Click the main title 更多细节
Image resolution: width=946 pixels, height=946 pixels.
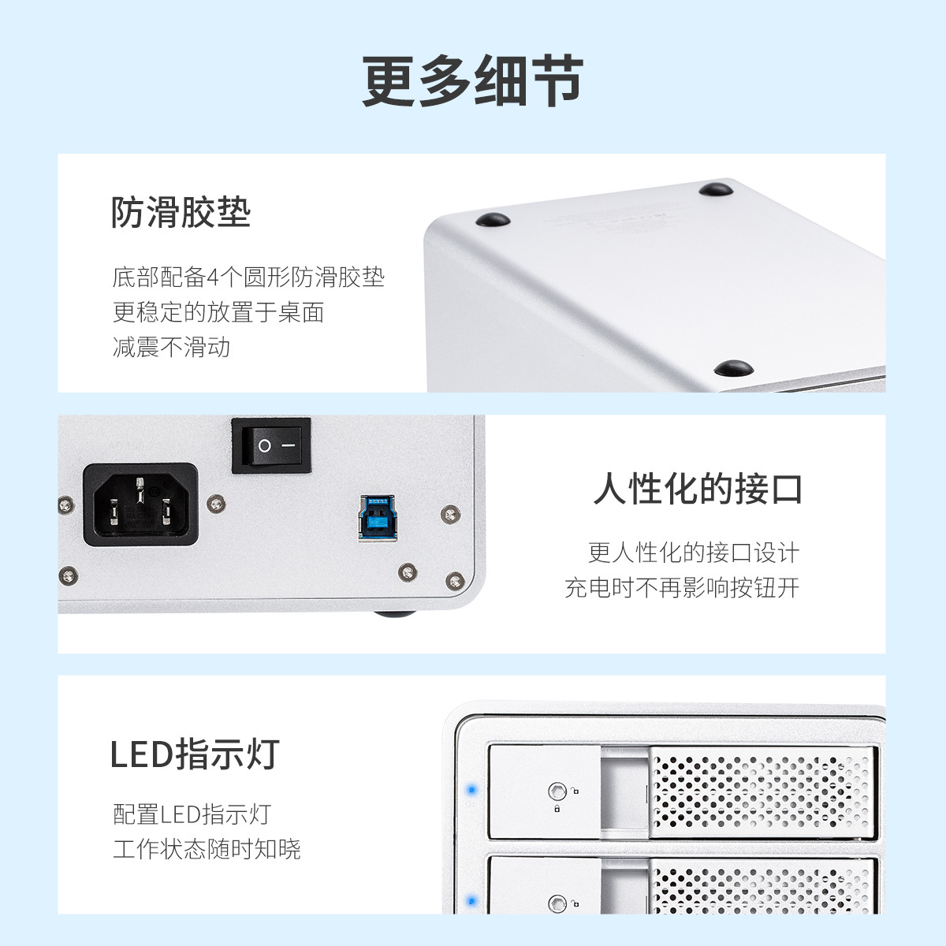pyautogui.click(x=472, y=81)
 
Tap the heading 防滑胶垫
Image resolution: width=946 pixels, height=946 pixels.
pyautogui.click(x=181, y=213)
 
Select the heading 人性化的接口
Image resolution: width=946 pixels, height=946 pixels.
pyautogui.click(x=698, y=489)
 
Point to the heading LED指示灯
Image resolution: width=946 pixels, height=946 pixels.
pyautogui.click(x=195, y=754)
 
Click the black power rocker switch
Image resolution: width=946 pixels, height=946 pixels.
pyautogui.click(x=271, y=445)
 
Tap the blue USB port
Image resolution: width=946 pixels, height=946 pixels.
pyautogui.click(x=377, y=517)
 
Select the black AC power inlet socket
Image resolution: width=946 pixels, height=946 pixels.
pyautogui.click(x=140, y=505)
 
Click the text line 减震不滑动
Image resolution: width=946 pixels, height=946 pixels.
pyautogui.click(x=171, y=347)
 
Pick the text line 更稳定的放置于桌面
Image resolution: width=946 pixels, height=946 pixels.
pyautogui.click(x=218, y=312)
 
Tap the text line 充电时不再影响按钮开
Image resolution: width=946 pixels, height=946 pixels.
pyautogui.click(x=683, y=587)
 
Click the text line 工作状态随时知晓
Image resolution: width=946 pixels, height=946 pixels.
pyautogui.click(x=207, y=849)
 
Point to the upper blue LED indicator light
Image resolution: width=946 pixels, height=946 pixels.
pyautogui.click(x=471, y=790)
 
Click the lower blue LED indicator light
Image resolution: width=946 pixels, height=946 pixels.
pyautogui.click(x=471, y=901)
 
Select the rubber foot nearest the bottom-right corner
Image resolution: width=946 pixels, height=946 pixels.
pyautogui.click(x=733, y=367)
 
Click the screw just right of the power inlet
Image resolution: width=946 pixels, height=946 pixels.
pyautogui.click(x=216, y=503)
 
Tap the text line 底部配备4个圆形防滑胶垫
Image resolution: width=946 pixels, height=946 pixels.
pyautogui.click(x=248, y=277)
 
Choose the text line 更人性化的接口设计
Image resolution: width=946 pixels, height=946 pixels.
pyautogui.click(x=695, y=553)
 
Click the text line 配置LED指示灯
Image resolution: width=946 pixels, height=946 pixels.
pyautogui.click(x=192, y=814)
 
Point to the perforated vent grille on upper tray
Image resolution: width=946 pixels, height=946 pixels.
pyautogui.click(x=762, y=793)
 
